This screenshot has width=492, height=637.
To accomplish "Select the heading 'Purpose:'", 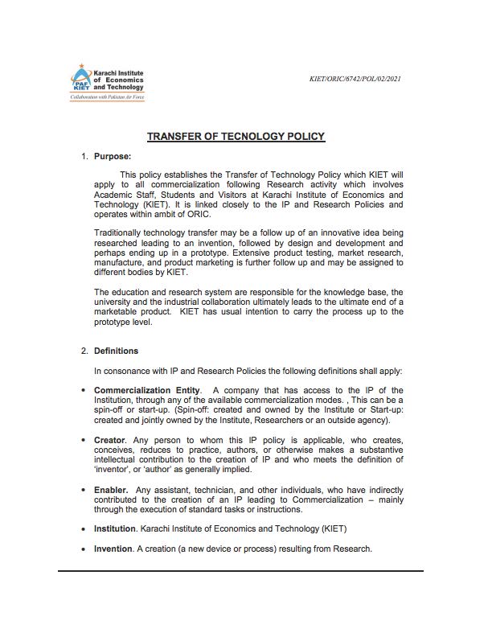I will (x=113, y=156).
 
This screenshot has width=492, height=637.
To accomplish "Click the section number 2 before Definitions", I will (x=84, y=351).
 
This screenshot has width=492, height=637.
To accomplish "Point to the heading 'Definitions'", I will (x=116, y=351).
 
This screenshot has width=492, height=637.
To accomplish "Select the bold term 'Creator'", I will (x=109, y=440).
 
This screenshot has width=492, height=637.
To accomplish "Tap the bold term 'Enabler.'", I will (x=111, y=490).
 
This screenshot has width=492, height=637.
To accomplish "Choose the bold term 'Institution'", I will (x=115, y=528).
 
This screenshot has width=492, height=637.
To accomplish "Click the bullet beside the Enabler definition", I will (x=84, y=490).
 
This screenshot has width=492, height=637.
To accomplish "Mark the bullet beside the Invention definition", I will (x=84, y=549).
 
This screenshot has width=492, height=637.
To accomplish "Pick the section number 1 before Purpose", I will (x=84, y=156).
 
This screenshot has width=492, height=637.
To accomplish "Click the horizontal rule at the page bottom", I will (x=240, y=571).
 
